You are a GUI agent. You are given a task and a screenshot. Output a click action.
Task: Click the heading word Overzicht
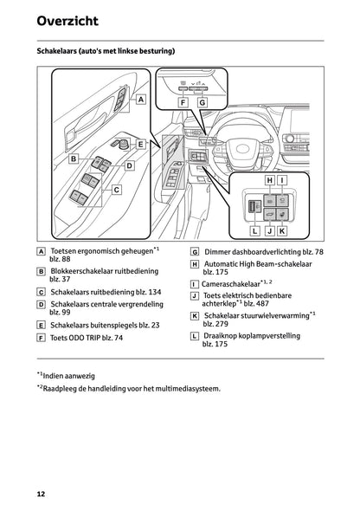pyautogui.click(x=67, y=20)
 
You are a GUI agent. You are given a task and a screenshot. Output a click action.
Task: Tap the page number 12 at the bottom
pyautogui.click(x=41, y=493)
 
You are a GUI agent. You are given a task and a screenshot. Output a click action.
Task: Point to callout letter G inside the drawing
pyautogui.click(x=202, y=102)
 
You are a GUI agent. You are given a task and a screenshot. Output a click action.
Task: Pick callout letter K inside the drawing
pyautogui.click(x=282, y=231)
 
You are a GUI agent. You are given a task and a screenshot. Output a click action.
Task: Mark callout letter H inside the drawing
pyautogui.click(x=269, y=180)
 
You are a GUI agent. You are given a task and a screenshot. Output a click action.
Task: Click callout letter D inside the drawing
pyautogui.click(x=129, y=165)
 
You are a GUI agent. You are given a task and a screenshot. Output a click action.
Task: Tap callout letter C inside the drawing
pyautogui.click(x=116, y=188)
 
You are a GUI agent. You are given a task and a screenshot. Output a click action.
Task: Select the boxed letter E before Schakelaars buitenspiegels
pyautogui.click(x=42, y=325)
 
